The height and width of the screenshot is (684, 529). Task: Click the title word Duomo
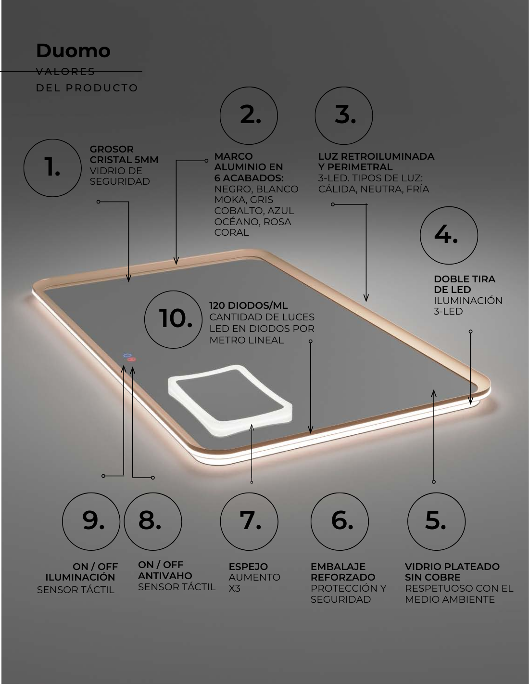click(73, 51)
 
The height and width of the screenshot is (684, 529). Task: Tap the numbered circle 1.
click(52, 168)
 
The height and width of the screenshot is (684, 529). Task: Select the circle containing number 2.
click(249, 116)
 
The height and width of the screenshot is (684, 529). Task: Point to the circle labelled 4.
click(449, 235)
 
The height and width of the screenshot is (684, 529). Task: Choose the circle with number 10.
click(174, 319)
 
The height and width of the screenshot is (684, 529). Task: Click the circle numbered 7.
click(249, 521)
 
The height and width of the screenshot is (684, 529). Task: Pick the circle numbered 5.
click(436, 521)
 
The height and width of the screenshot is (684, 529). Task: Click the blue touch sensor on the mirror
click(127, 355)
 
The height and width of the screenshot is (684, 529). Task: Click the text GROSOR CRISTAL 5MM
click(124, 154)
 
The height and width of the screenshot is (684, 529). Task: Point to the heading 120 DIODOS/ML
click(248, 305)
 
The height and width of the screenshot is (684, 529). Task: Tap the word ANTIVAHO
click(165, 576)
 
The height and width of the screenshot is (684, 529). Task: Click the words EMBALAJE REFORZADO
click(343, 572)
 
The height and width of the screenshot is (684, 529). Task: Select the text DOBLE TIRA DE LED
click(465, 284)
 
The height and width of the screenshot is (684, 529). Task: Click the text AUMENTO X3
click(254, 583)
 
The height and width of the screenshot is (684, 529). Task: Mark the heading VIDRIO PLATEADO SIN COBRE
click(452, 572)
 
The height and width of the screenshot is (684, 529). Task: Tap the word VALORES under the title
click(65, 72)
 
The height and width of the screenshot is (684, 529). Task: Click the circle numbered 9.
click(91, 521)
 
